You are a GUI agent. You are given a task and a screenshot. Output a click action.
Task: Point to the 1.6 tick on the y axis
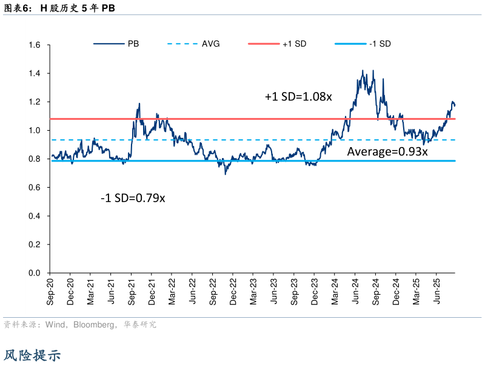coord(34,45)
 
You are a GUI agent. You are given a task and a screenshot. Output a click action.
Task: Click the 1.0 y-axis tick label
coord(34,131)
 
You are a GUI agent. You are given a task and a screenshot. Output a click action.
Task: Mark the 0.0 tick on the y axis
coord(34,274)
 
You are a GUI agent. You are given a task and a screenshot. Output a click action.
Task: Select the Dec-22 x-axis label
coord(234,291)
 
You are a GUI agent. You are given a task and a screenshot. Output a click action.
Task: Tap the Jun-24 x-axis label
coord(356,291)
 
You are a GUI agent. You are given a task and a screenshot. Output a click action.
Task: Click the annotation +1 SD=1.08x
coord(298,96)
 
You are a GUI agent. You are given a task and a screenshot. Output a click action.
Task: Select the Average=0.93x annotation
coord(387,152)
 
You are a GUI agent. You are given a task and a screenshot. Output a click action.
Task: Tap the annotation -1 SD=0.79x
coord(133,197)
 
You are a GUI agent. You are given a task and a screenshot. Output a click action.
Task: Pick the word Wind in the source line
coord(56,325)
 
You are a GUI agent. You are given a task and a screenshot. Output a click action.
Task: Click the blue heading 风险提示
coord(33,355)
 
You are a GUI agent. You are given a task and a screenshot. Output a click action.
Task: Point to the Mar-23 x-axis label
coord(254,291)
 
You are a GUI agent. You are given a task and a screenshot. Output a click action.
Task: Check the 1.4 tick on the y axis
coord(34,74)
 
